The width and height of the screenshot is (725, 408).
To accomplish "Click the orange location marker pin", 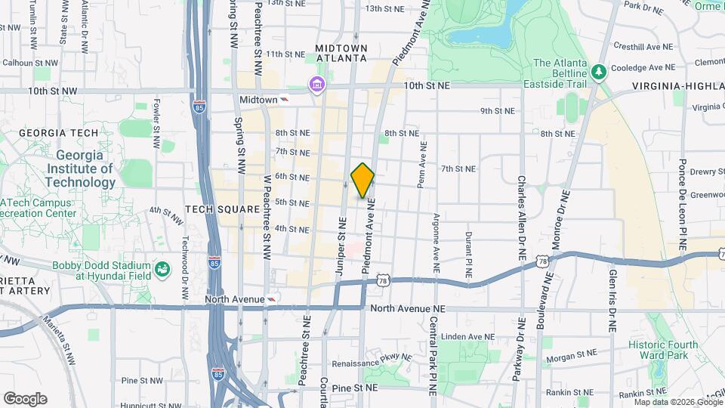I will coord(362,181).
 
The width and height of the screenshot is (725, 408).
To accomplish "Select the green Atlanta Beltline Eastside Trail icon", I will coord(600,71).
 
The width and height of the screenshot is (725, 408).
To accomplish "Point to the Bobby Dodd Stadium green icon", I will coord(162,269).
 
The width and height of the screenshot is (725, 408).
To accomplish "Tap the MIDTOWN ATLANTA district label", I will coord(341,52).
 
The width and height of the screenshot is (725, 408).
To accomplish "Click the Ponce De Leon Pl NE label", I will coord(681,204).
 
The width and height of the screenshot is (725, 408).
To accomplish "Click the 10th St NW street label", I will coord(53,91).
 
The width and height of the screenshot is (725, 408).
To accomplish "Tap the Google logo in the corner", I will coord(25,399).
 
